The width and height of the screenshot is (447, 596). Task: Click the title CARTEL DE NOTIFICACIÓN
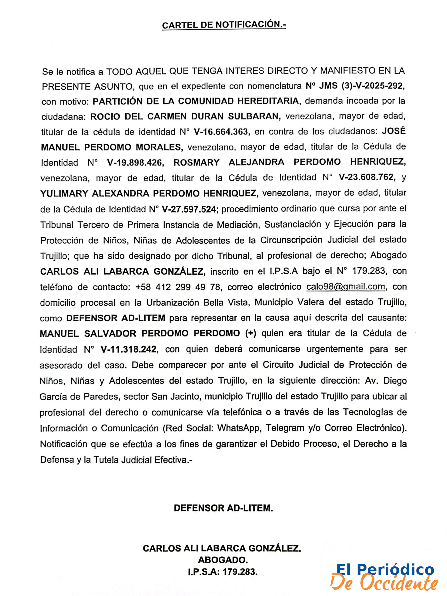click(224, 25)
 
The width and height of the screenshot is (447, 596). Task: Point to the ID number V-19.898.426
click(135, 163)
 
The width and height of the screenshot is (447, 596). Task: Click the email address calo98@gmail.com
click(346, 287)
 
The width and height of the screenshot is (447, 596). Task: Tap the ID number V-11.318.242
click(128, 349)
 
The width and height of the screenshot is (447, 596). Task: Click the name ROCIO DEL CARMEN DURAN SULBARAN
click(185, 116)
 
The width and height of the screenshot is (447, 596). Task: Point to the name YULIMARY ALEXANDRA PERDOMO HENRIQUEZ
click(149, 193)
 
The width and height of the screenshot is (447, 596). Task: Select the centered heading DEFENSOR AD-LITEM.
click(223, 508)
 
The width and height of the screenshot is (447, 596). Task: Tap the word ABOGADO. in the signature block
click(223, 560)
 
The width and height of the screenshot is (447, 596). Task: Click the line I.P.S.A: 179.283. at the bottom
click(223, 572)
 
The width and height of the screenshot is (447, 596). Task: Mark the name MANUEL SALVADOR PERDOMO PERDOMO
click(140, 334)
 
